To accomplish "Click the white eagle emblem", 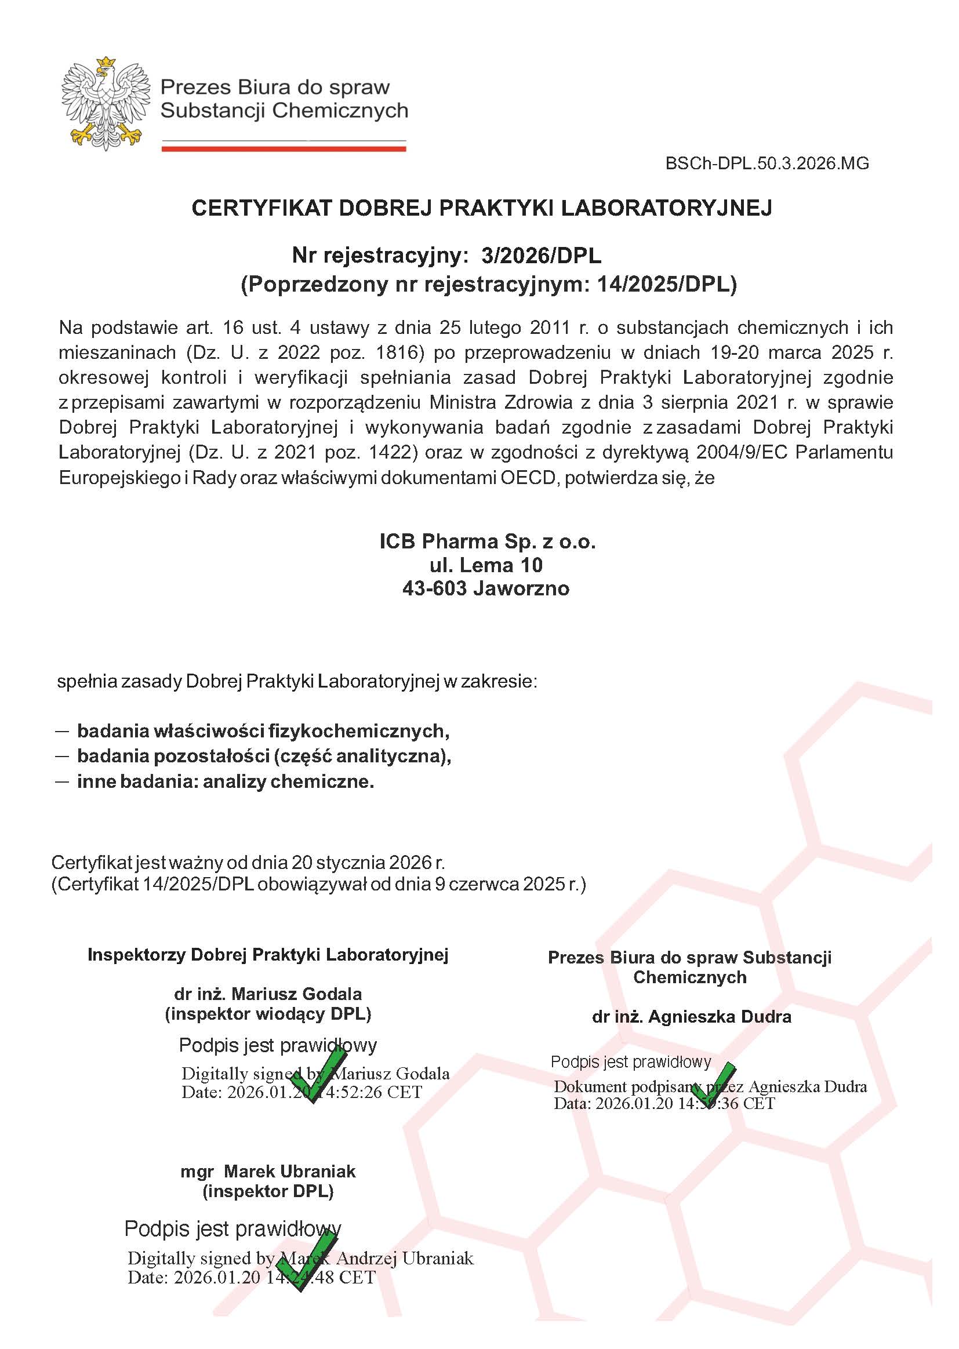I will click(106, 104).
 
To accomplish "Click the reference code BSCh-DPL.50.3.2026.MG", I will click(767, 163).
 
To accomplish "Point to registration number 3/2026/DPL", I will click(541, 256).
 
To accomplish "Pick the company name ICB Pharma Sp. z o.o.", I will click(487, 541).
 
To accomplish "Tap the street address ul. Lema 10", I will click(486, 565).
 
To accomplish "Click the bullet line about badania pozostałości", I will click(263, 756).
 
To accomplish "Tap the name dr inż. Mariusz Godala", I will click(267, 994).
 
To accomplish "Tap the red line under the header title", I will click(284, 149).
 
